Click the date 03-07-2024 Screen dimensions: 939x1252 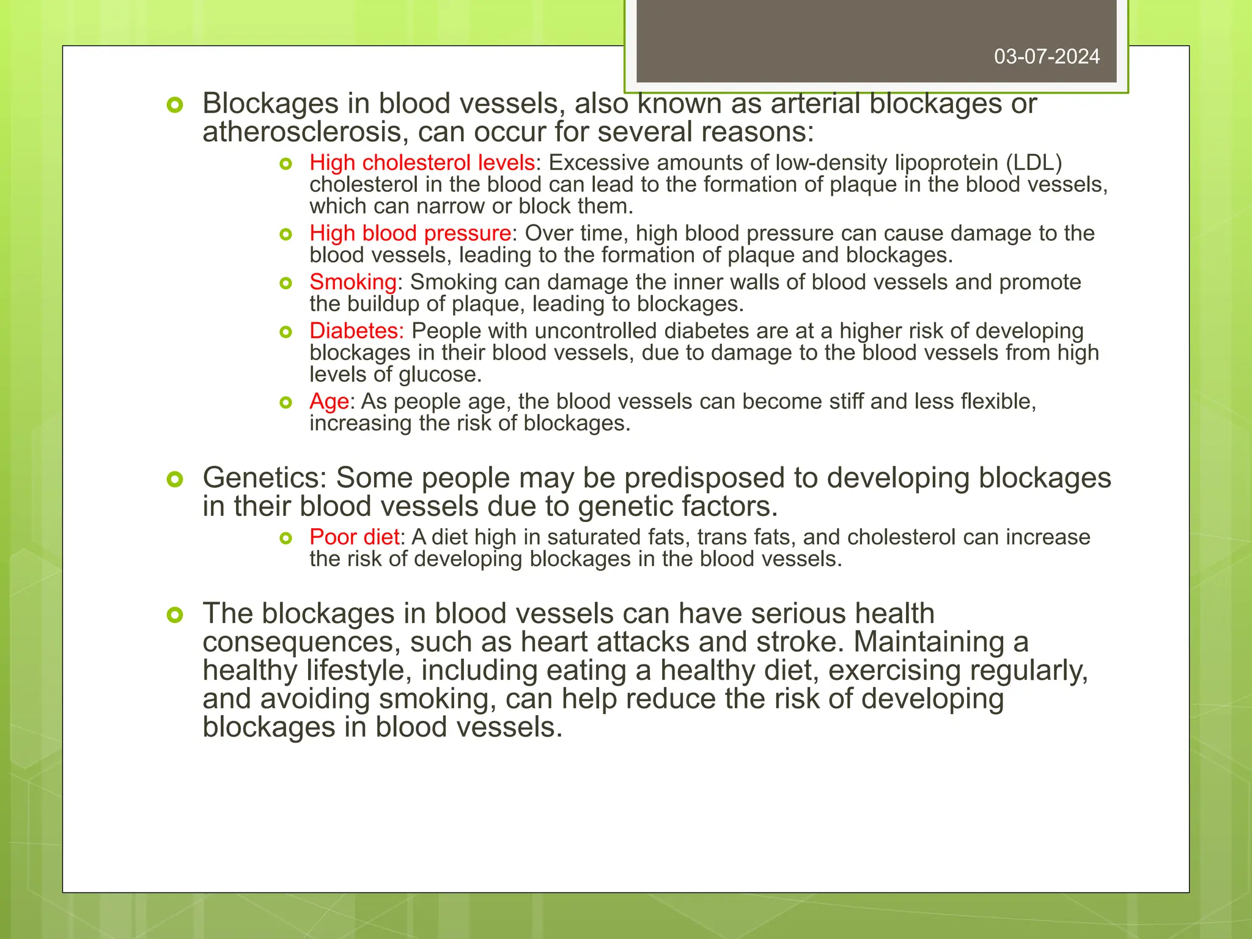(1047, 57)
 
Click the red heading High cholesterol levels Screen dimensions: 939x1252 (422, 163)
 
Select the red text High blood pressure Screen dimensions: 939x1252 (410, 233)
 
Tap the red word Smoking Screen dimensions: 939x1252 (353, 282)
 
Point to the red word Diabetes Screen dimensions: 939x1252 (356, 331)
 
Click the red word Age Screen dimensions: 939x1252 (329, 402)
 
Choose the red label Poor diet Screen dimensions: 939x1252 (354, 537)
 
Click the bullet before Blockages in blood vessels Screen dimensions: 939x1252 (175, 105)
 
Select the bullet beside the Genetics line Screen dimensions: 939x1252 (175, 479)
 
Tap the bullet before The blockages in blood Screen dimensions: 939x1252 (175, 615)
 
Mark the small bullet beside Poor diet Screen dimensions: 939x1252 (285, 538)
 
